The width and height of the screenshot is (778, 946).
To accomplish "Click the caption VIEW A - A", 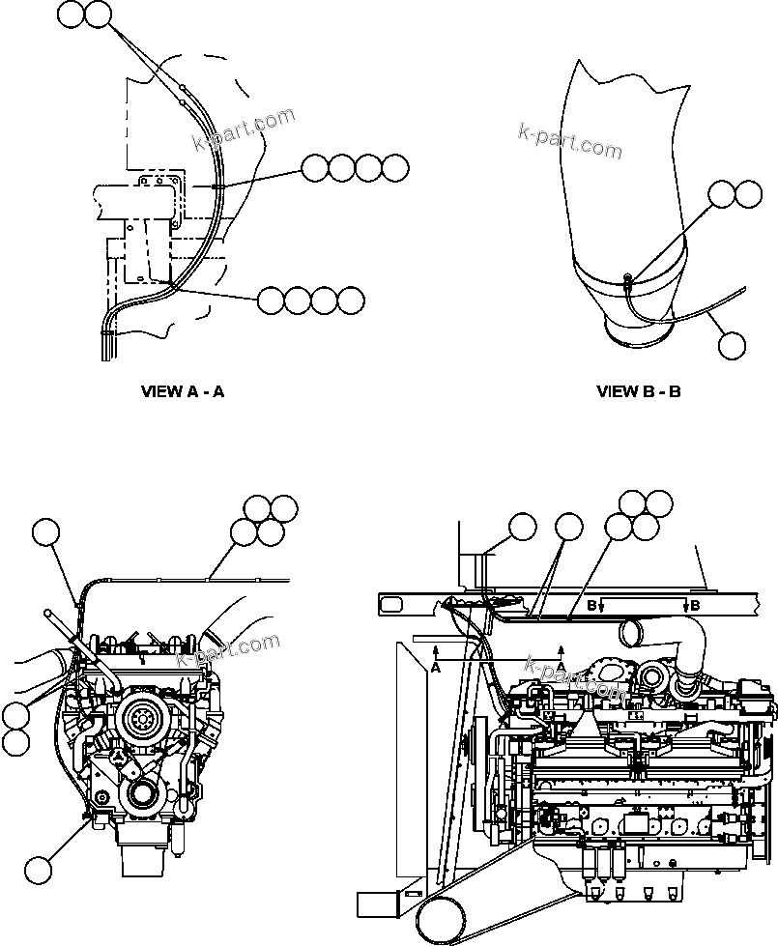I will pos(183,391).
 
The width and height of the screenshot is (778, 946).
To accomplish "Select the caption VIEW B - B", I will pos(639,391).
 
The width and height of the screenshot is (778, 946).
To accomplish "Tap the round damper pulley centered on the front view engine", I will pos(140,720).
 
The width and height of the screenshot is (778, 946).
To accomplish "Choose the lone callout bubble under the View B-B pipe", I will pos(734,344).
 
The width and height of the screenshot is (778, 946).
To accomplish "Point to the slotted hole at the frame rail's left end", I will pos(394,604).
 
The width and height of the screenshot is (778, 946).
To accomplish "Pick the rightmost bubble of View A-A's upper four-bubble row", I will pos(395,168).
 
